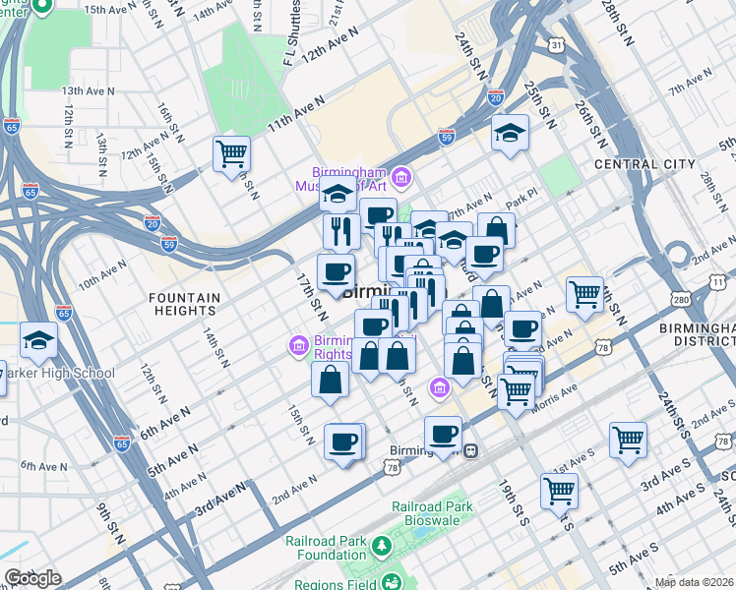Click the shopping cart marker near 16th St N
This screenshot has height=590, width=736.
pyautogui.click(x=231, y=153)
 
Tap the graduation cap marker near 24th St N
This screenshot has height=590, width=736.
pyautogui.click(x=510, y=133)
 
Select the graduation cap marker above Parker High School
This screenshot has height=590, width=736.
pyautogui.click(x=38, y=340)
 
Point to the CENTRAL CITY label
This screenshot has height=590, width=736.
pyautogui.click(x=644, y=164)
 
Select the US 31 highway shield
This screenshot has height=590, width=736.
pyautogui.click(x=557, y=45)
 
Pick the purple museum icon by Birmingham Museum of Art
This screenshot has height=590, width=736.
pyautogui.click(x=401, y=177)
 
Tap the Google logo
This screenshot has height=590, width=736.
pyautogui.click(x=31, y=578)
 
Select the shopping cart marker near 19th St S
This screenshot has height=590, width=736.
pyautogui.click(x=559, y=490)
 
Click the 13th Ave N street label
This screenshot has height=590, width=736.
pyautogui.click(x=90, y=90)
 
